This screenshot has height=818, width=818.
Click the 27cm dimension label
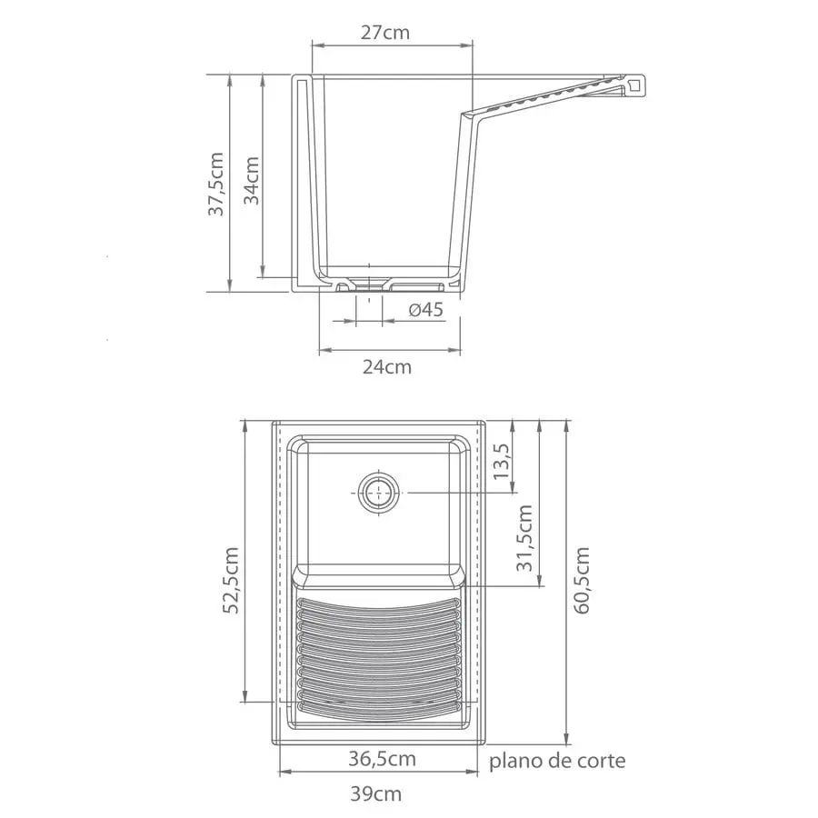pos(385,33)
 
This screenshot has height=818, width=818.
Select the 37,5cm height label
pos(216,184)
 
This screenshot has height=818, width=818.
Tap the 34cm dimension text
pos(252,181)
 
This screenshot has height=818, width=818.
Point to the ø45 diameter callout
pos(425,310)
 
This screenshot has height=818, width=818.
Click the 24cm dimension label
pos(387,367)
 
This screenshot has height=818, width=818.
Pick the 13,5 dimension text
pos(503,461)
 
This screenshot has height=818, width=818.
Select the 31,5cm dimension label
pos(524,538)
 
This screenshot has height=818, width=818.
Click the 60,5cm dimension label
pos(582,580)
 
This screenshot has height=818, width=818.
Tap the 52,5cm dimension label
pos(231,580)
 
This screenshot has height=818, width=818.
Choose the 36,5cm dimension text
pos(383,759)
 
